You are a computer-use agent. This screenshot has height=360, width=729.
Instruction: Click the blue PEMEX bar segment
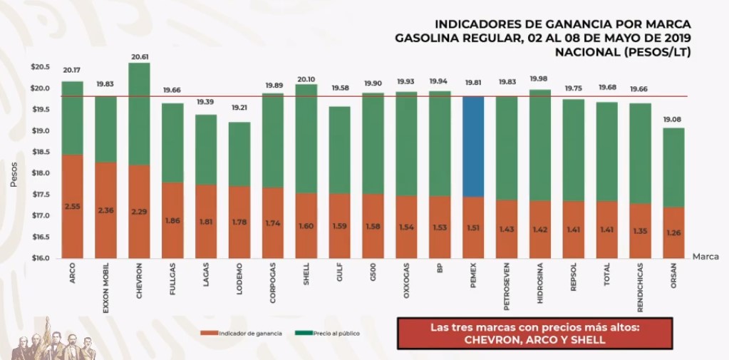point(473,146)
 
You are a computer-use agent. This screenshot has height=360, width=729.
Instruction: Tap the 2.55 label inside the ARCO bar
point(72,206)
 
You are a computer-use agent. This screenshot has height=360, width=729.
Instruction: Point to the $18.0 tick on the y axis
point(41,173)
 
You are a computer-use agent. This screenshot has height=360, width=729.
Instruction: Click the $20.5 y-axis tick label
point(41,67)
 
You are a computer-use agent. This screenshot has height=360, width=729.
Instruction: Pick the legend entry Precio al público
point(329,333)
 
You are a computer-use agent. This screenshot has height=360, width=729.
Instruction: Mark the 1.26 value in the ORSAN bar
point(674,232)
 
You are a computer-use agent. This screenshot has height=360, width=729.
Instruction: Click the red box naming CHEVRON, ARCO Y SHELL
point(534,334)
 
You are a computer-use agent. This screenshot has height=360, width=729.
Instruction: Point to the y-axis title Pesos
point(14,174)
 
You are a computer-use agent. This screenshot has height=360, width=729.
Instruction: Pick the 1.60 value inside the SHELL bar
point(306,226)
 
